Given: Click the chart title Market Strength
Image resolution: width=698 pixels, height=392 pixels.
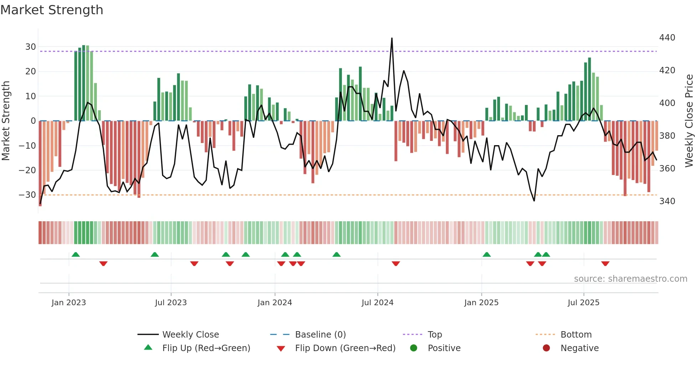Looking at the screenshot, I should point(52,10).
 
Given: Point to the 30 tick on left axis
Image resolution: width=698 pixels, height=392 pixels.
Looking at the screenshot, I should point(30,47).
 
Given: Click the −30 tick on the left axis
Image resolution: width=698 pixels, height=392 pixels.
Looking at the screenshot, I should point(27,195).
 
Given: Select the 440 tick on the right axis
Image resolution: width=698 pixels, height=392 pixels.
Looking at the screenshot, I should point(667,38).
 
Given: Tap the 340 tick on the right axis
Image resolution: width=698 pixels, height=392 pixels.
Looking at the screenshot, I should point(667,201).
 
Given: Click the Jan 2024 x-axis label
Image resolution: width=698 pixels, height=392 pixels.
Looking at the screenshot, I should point(275,303).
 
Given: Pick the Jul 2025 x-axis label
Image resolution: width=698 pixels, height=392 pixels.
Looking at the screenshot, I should point(583,303).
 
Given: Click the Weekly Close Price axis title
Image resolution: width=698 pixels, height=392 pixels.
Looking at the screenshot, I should point(689,121).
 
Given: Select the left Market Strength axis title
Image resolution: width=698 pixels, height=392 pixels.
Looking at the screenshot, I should point(6,121).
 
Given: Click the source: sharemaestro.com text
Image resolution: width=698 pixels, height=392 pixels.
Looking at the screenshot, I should point(630,279).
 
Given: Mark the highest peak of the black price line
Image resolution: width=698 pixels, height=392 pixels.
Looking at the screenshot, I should point(392,38).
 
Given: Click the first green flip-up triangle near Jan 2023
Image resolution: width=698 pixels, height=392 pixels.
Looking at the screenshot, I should point(75,255).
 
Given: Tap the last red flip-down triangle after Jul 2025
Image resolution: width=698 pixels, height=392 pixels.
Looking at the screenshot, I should point(605,264).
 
